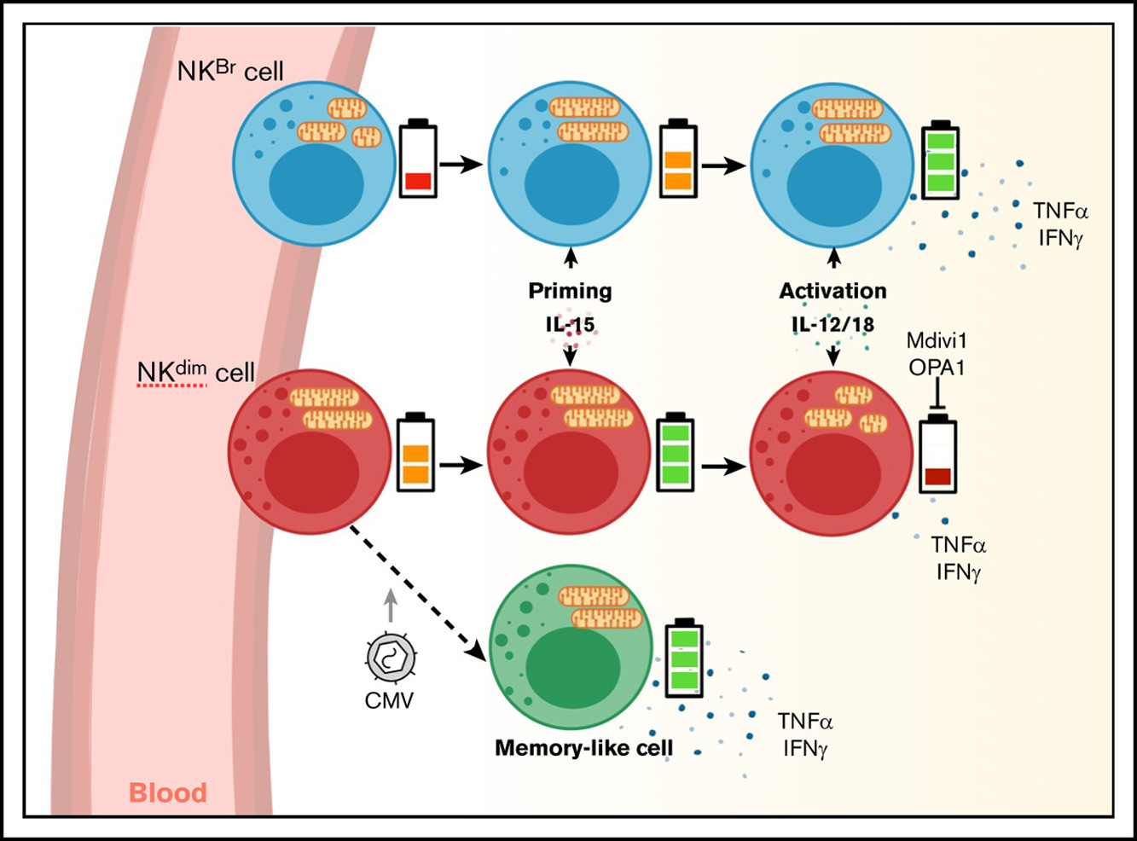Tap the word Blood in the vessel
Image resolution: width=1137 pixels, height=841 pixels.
coord(168,792)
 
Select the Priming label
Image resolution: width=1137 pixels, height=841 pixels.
coord(570,291)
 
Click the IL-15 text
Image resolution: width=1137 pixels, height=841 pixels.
coord(570,324)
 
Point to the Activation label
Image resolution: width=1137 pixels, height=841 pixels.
coord(832,291)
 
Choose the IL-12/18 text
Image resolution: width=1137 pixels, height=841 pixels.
coord(832,324)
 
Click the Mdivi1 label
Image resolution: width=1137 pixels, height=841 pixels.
coord(937,341)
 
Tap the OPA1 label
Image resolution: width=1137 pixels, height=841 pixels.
coord(937,367)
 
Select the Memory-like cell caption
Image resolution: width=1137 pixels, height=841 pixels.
coord(583,748)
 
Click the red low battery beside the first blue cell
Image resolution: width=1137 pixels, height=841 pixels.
coord(418,159)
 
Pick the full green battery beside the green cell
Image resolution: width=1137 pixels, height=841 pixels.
coord(684,658)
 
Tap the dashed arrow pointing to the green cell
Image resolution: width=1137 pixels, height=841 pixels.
coord(416,592)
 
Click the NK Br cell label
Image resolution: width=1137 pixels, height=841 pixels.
coord(229,70)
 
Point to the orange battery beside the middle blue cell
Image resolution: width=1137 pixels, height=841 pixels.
coord(678,159)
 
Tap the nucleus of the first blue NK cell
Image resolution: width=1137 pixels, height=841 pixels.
coord(317,184)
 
